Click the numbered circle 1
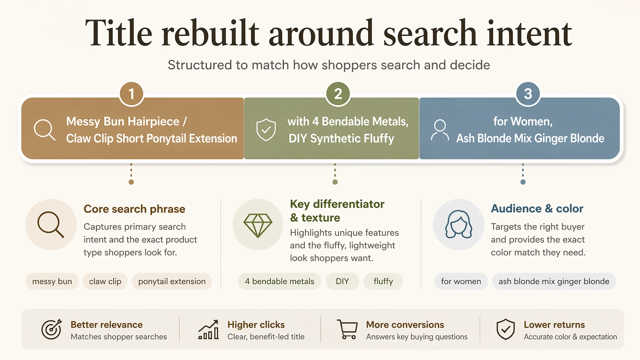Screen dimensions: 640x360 click(x=131, y=94)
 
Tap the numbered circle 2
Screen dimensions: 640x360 click(x=338, y=94)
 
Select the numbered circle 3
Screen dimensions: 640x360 click(x=528, y=94)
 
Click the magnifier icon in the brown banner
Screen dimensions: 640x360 click(x=44, y=129)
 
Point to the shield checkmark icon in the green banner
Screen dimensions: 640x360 click(x=266, y=130)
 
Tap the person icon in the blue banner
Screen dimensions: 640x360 click(x=440, y=130)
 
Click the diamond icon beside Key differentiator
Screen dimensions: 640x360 click(x=258, y=225)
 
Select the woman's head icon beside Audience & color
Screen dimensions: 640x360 click(x=459, y=224)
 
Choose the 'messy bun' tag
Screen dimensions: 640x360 click(x=52, y=281)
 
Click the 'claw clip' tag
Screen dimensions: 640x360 click(x=105, y=281)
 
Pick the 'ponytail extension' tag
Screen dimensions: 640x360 click(x=172, y=281)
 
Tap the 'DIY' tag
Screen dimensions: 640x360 click(x=342, y=281)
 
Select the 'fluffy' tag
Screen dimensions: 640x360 click(x=383, y=281)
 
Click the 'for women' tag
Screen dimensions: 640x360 click(x=461, y=281)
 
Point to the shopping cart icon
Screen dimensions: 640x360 click(x=347, y=329)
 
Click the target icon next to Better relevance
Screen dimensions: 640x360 click(x=52, y=329)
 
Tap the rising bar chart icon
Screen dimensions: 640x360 click(x=208, y=329)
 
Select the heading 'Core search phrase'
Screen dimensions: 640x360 click(x=134, y=209)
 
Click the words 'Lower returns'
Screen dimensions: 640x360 click(x=554, y=325)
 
